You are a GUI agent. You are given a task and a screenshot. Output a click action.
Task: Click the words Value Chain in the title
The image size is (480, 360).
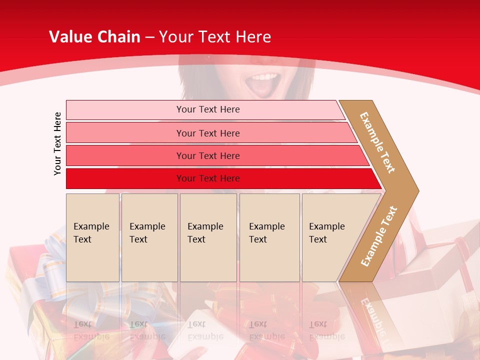(94, 37)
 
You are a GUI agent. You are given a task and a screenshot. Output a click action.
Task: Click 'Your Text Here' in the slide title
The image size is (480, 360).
(215, 37)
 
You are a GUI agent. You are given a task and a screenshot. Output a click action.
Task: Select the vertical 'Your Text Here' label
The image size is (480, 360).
(57, 143)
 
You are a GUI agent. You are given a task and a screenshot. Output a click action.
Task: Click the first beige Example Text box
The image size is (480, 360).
(92, 237)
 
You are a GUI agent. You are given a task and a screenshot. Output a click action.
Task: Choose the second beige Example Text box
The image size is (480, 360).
(149, 237)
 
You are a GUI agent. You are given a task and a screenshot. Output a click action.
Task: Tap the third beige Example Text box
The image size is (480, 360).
(207, 237)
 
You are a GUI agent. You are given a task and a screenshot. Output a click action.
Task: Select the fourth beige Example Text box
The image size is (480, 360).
(269, 237)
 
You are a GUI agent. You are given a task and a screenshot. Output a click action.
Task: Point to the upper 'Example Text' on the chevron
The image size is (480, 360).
(377, 142)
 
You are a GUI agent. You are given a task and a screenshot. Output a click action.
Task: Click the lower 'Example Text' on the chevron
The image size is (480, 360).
(379, 236)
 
